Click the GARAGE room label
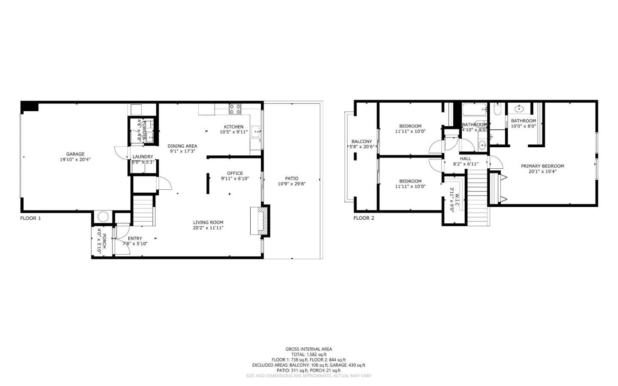(x=75, y=154)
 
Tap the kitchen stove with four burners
(x=235, y=109)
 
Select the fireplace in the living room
(x=260, y=221)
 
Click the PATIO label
(x=291, y=179)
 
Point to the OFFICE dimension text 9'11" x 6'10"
(x=235, y=179)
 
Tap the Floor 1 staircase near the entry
(x=143, y=210)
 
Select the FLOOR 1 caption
(x=30, y=218)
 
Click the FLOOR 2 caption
(x=364, y=218)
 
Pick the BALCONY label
(x=362, y=142)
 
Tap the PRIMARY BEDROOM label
(x=542, y=166)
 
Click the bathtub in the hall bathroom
(x=474, y=109)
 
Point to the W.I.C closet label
(x=457, y=198)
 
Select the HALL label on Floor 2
(x=466, y=158)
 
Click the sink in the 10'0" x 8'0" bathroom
(x=520, y=108)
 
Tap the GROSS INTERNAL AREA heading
(x=309, y=349)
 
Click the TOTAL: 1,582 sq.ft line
(x=309, y=355)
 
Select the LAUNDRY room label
(x=142, y=157)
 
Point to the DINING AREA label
(x=182, y=146)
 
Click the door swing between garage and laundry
(x=121, y=153)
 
